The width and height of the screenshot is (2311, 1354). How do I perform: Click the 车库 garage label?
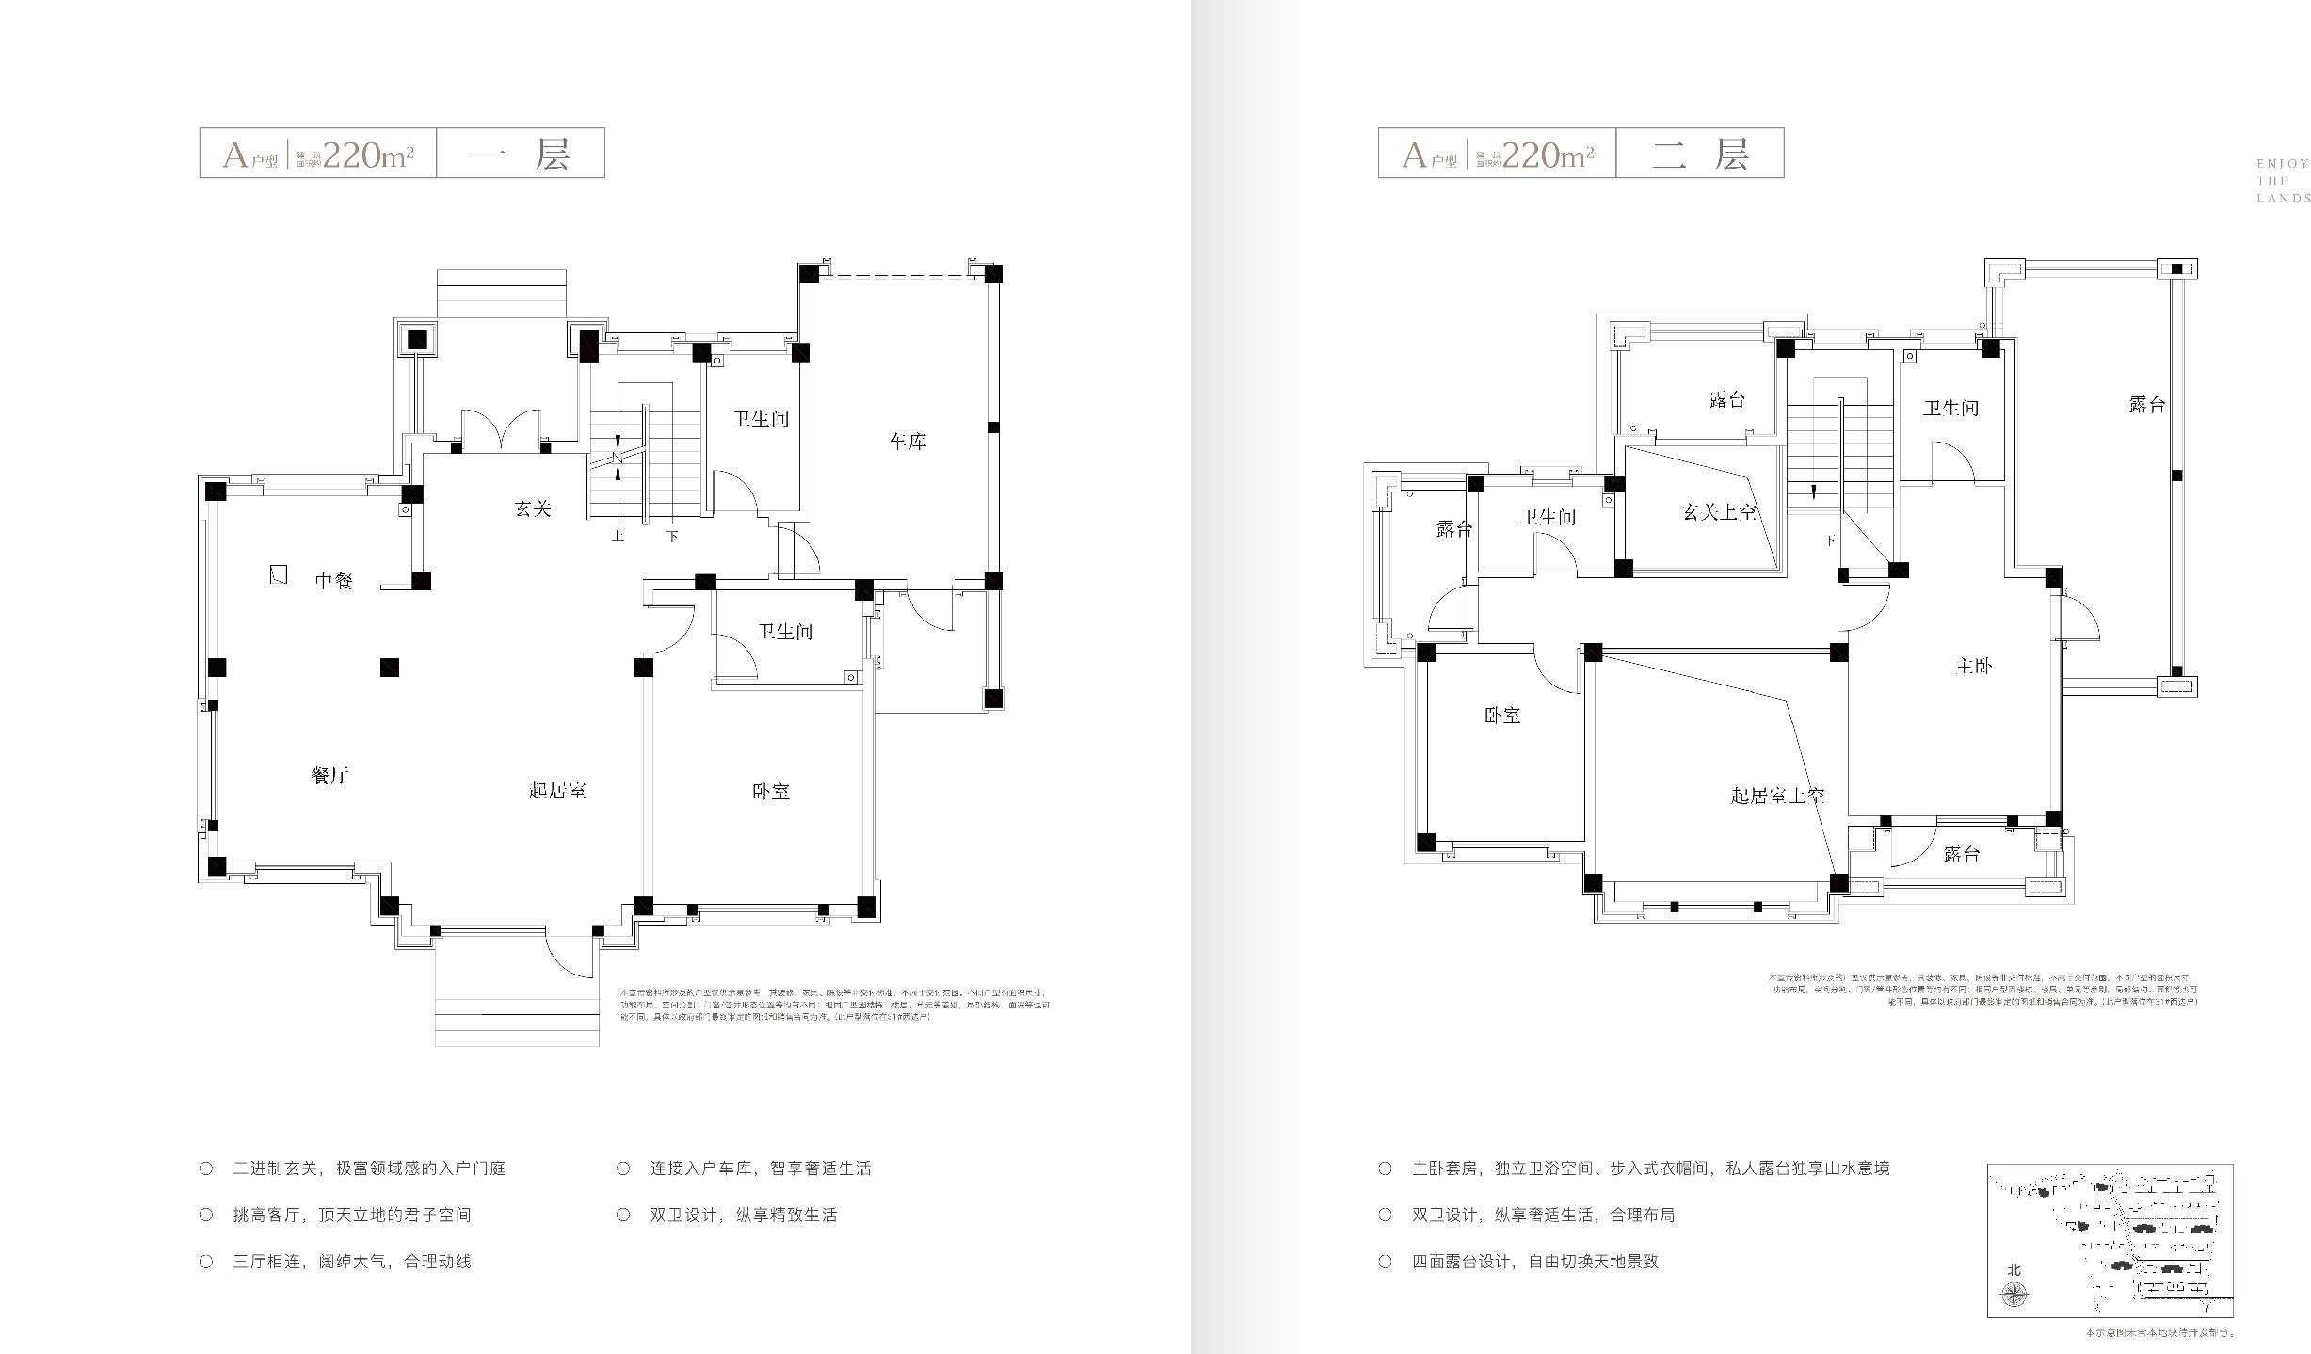tap(908, 441)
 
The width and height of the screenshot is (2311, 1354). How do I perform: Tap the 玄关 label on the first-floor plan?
tap(533, 508)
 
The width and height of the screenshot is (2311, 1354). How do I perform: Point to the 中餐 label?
tap(333, 581)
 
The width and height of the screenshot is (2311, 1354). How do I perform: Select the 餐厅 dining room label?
tap(330, 776)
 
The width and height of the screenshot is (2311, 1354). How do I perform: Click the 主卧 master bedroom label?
tap(1973, 666)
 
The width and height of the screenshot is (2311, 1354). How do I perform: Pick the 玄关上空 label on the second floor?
tap(1720, 513)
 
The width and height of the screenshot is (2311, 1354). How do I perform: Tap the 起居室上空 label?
tap(1777, 796)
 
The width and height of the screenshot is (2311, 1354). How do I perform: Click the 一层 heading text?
tap(521, 153)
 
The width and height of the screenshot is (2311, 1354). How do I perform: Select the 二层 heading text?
tap(1700, 153)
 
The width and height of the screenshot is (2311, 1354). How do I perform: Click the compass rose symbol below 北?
tap(2014, 1297)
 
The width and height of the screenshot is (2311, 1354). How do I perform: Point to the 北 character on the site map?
tap(2014, 1270)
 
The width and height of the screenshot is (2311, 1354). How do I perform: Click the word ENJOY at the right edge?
tap(2282, 164)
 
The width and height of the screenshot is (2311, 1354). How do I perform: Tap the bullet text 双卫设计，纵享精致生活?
tap(743, 1215)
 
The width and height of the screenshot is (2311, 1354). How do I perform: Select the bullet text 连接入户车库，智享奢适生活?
tap(760, 1169)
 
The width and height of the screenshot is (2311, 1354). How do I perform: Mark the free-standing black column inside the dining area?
tap(390, 668)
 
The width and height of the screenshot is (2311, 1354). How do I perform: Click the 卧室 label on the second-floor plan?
tap(1502, 716)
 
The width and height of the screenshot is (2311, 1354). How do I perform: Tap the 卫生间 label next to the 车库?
tap(761, 419)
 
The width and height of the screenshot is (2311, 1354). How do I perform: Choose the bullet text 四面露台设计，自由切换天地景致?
tap(1534, 1262)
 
